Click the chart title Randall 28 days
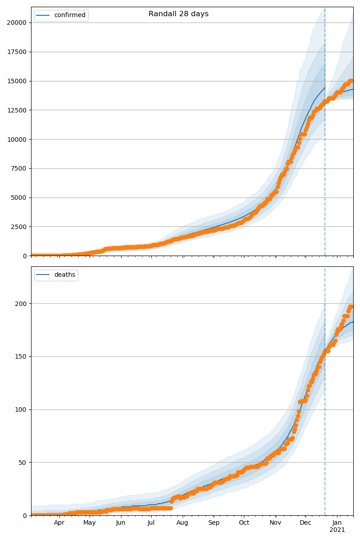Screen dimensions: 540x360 (x=179, y=14)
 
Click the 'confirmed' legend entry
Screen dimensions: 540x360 (x=69, y=15)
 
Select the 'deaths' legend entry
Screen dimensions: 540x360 (x=64, y=275)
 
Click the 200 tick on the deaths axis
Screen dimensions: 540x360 (x=21, y=304)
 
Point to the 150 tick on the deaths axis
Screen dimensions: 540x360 (x=21, y=357)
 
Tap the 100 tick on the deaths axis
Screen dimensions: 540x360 (x=21, y=409)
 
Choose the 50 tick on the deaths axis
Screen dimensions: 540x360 (x=23, y=463)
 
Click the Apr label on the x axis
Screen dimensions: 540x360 (x=59, y=523)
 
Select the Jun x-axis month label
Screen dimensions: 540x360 (x=121, y=523)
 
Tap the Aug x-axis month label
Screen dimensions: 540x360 (x=182, y=523)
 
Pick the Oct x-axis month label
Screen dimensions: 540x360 (x=243, y=523)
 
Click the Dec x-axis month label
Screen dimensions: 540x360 (x=306, y=523)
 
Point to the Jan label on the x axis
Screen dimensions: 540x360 (x=337, y=523)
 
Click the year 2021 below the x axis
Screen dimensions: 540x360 (x=337, y=530)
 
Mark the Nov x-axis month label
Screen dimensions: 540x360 (x=275, y=523)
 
